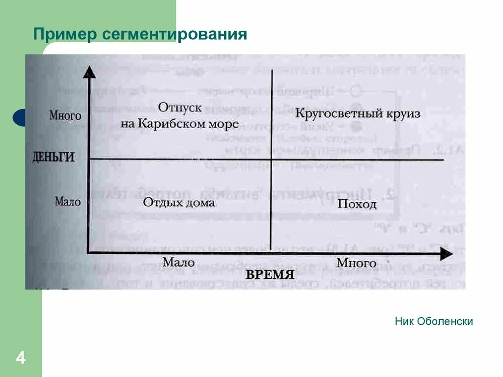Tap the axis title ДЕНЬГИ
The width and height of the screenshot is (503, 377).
(54, 158)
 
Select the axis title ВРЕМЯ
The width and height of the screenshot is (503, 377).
(270, 274)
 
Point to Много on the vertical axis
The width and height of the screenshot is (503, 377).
(65, 116)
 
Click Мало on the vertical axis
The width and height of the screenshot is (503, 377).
(68, 201)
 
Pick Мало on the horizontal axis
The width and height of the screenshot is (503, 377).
(179, 263)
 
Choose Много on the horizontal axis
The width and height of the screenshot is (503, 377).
(357, 263)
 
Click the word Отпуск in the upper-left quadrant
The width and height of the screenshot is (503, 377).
(180, 107)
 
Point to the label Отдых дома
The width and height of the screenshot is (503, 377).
(179, 202)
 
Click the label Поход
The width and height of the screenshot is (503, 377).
(357, 204)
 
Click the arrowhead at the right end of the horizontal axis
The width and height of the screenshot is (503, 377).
(446, 254)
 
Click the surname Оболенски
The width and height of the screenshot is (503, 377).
(445, 322)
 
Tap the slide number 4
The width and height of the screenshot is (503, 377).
(21, 358)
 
